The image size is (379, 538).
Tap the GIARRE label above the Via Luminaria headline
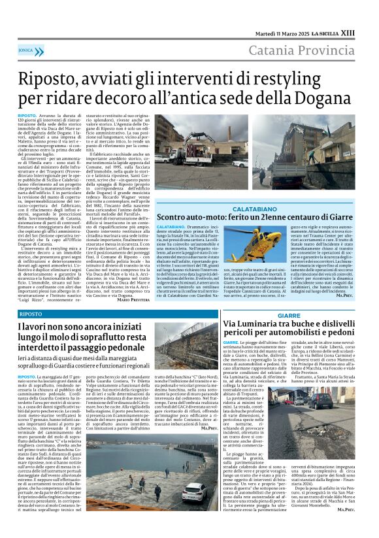click(289, 314)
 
